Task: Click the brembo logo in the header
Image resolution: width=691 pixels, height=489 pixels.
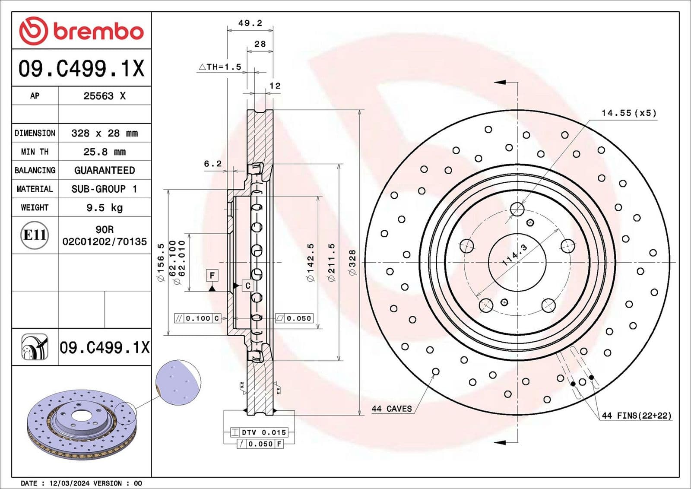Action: (x=81, y=31)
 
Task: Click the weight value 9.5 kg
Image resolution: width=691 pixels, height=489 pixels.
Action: (x=105, y=208)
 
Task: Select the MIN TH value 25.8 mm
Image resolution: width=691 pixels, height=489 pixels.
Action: (x=105, y=152)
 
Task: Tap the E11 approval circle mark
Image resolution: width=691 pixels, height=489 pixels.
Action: (x=35, y=235)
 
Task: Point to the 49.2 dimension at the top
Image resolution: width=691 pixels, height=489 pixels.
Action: (x=250, y=23)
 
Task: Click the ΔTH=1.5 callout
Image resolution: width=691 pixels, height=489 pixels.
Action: (x=220, y=67)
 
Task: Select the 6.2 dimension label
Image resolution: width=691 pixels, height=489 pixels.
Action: (x=212, y=164)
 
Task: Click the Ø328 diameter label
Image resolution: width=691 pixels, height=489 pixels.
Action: (x=352, y=263)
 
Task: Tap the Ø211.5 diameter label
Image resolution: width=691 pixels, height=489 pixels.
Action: (x=332, y=263)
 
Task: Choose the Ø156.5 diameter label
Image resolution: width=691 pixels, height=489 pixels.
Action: (x=161, y=263)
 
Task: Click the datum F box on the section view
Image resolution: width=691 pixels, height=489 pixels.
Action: (x=212, y=275)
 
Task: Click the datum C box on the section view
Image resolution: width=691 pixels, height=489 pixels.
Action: (x=247, y=286)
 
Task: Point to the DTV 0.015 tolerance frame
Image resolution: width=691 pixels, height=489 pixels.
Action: (x=259, y=432)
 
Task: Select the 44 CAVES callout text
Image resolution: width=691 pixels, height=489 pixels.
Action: (x=392, y=409)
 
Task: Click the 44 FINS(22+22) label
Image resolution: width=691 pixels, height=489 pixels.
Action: (x=637, y=416)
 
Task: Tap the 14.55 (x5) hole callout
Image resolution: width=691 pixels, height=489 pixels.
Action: (x=629, y=113)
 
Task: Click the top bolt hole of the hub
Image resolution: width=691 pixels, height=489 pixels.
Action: (x=517, y=210)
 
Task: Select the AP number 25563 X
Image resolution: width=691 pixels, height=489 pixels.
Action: (x=105, y=96)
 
